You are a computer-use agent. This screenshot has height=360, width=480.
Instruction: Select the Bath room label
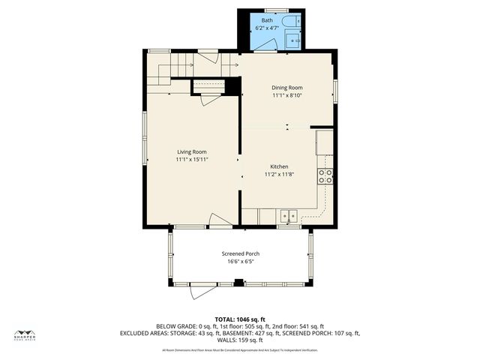click(x=268, y=20)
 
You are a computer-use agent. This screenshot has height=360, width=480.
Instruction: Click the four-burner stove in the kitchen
click(x=326, y=177)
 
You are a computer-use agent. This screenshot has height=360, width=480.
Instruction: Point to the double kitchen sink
click(x=289, y=217)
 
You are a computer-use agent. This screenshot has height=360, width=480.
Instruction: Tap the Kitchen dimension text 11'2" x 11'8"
click(x=279, y=174)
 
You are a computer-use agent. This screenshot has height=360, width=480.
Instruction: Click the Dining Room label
click(x=286, y=88)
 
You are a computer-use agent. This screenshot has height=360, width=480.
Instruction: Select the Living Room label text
click(x=191, y=152)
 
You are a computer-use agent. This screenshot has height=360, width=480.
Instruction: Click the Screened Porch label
click(x=240, y=253)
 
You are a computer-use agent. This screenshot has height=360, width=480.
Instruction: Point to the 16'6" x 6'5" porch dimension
click(x=240, y=261)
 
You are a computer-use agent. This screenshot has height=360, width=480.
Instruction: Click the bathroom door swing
click(x=262, y=49)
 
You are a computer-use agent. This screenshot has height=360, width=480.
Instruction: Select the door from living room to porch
click(x=219, y=222)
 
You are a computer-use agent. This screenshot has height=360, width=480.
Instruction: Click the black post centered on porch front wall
click(x=239, y=283)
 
